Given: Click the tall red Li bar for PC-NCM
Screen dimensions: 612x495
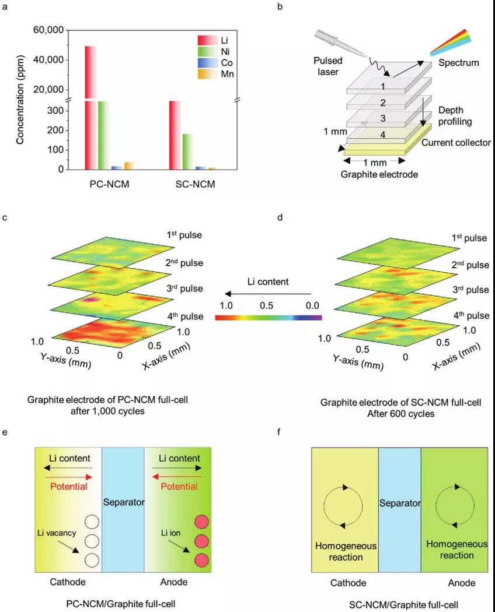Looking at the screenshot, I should (90, 105).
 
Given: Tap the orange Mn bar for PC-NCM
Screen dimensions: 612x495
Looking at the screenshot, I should (128, 166).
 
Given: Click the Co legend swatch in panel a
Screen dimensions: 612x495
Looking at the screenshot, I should (207, 62).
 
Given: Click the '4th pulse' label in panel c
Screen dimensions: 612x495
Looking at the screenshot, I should (185, 316).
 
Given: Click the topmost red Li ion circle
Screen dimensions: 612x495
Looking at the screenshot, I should (201, 521).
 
